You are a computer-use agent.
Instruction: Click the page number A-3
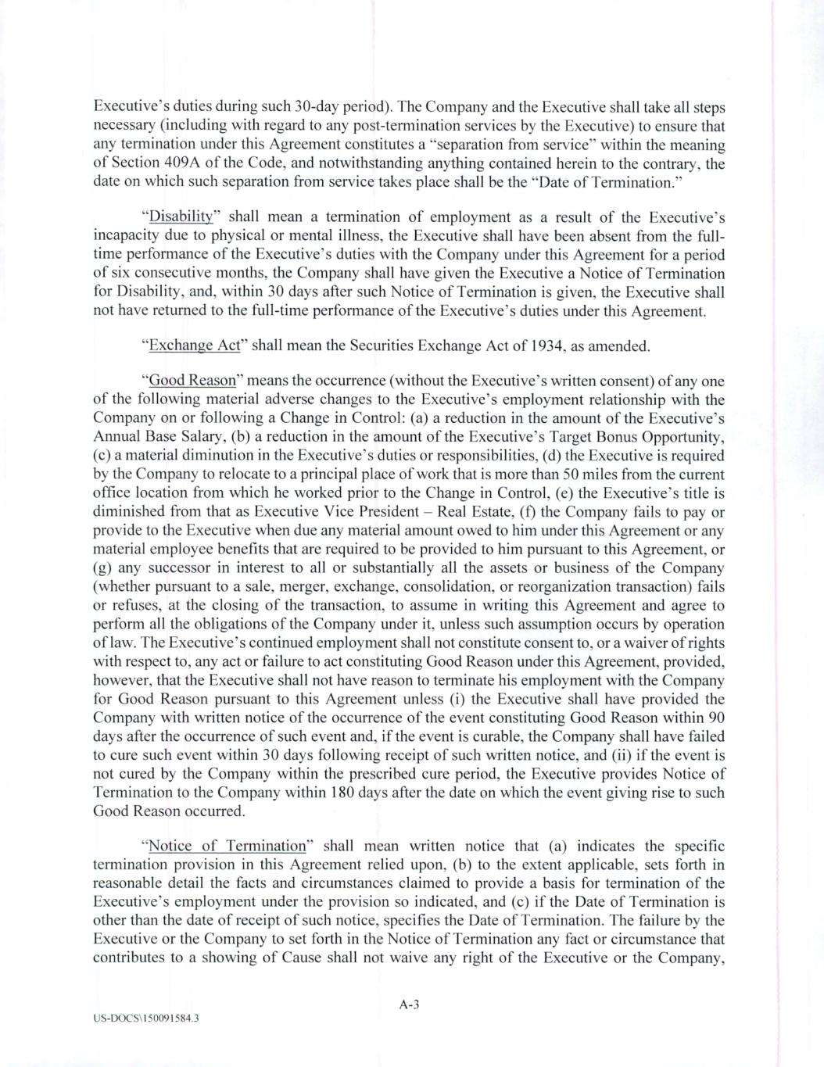[410, 1005]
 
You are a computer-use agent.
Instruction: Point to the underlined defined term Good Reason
[192, 381]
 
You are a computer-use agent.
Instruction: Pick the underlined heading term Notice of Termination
[227, 846]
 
